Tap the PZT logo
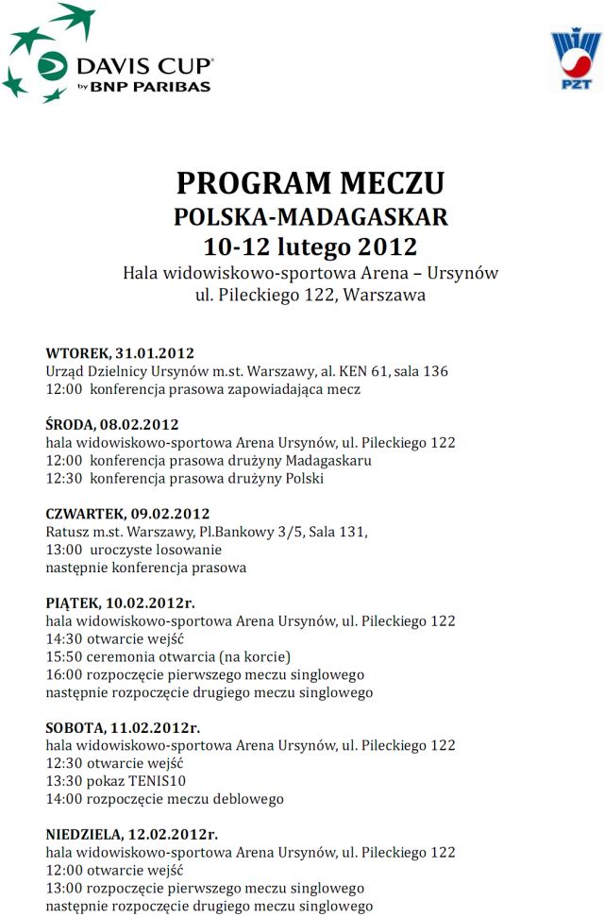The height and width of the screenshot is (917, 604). pos(575,61)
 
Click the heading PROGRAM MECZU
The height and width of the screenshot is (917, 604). pos(310,182)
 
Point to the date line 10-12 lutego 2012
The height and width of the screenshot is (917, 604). pos(310,247)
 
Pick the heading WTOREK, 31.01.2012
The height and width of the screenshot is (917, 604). pos(120,353)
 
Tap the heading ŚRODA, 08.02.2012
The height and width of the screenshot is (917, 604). pos(111,424)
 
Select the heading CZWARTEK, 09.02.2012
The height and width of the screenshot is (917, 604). pos(127,514)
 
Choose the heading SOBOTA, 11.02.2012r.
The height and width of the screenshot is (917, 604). pos(123,727)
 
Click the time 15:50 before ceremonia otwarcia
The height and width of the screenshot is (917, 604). pos(62,656)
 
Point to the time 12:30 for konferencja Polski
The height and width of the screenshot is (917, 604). pos(62,478)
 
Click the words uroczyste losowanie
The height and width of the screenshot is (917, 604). pos(157,550)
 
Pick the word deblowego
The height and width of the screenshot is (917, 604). pos(248,799)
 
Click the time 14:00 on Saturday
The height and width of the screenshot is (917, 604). pos(62,799)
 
